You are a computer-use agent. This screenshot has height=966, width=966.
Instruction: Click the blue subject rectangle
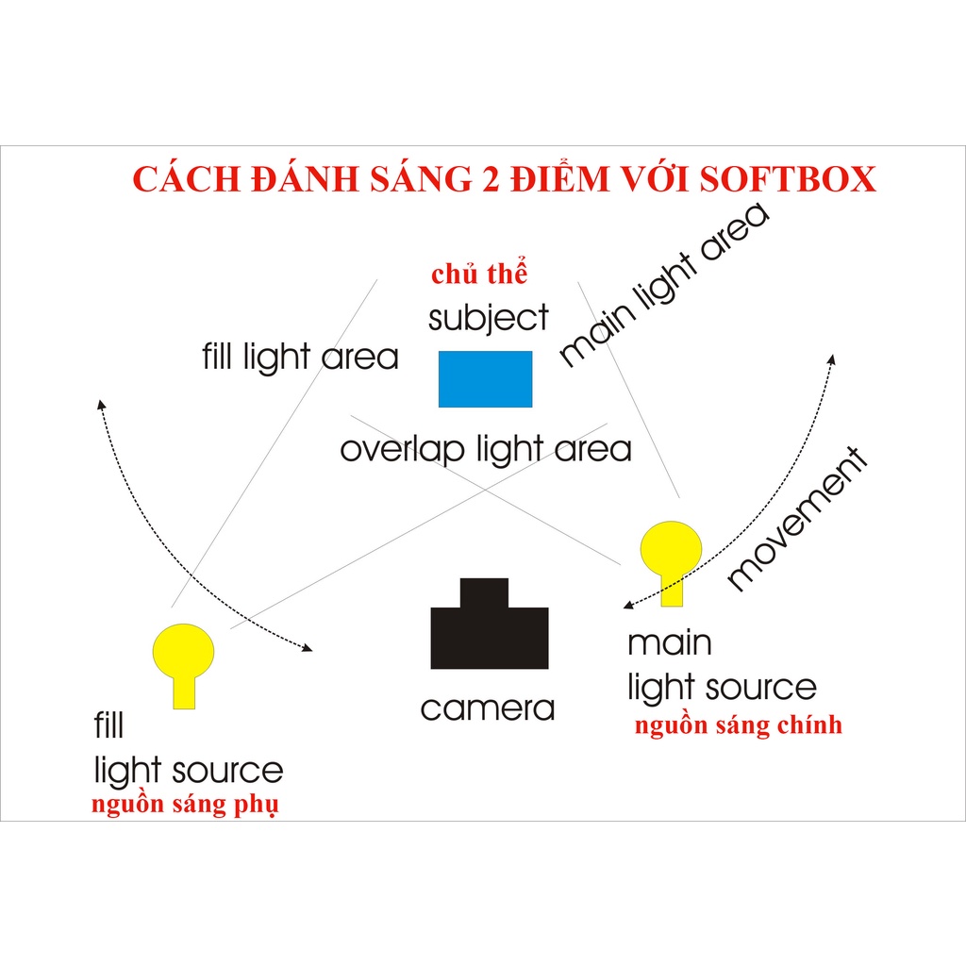pyautogui.click(x=485, y=378)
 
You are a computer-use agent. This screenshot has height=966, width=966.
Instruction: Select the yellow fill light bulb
pyautogui.click(x=184, y=656)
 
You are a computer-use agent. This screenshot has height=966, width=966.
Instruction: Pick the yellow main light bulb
pyautogui.click(x=671, y=552)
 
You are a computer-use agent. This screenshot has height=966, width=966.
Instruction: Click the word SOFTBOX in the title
pyautogui.click(x=788, y=179)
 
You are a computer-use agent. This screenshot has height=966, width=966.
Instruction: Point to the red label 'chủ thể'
pyautogui.click(x=478, y=275)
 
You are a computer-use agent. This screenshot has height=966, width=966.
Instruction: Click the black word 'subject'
pyautogui.click(x=488, y=319)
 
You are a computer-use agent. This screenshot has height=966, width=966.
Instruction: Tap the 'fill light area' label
pyautogui.click(x=300, y=358)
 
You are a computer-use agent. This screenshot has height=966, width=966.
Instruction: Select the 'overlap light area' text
pyautogui.click(x=486, y=449)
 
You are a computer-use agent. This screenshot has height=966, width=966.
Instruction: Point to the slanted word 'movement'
pyautogui.click(x=798, y=520)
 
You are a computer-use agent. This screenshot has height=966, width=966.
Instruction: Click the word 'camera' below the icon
pyautogui.click(x=488, y=708)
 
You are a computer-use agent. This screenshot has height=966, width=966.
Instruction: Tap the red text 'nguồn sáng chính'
pyautogui.click(x=738, y=725)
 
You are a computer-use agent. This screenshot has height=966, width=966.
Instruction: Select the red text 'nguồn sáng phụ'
pyautogui.click(x=185, y=807)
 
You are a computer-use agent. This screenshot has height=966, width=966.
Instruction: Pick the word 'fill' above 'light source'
pyautogui.click(x=108, y=725)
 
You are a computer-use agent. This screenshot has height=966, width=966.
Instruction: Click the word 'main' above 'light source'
pyautogui.click(x=670, y=644)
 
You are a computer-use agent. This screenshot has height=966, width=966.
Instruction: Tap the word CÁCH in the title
pyautogui.click(x=185, y=179)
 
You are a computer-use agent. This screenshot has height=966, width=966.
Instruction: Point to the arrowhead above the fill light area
pyautogui.click(x=101, y=404)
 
